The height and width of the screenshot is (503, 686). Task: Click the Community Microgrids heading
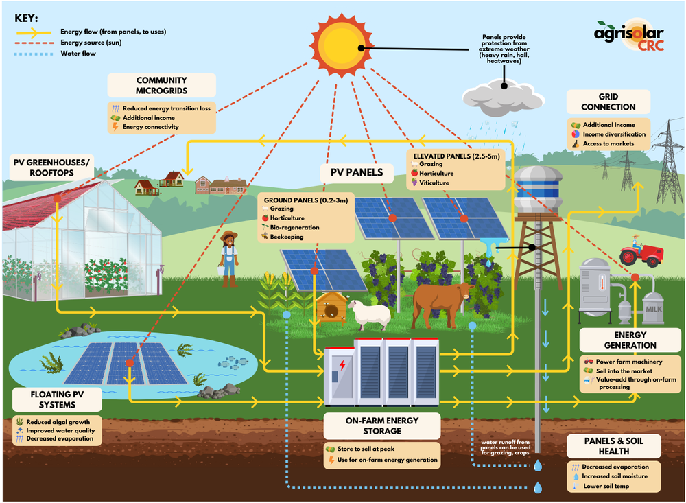click(162, 85)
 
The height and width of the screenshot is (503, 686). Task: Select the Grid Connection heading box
click(608, 102)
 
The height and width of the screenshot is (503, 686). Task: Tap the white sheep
click(369, 314)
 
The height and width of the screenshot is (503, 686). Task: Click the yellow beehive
click(331, 306)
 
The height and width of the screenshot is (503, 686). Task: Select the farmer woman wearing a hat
click(229, 257)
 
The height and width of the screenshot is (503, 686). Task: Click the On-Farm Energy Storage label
click(382, 425)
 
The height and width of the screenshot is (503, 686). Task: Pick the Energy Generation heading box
click(619, 339)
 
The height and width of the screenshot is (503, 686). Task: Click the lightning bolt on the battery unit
click(340, 369)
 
